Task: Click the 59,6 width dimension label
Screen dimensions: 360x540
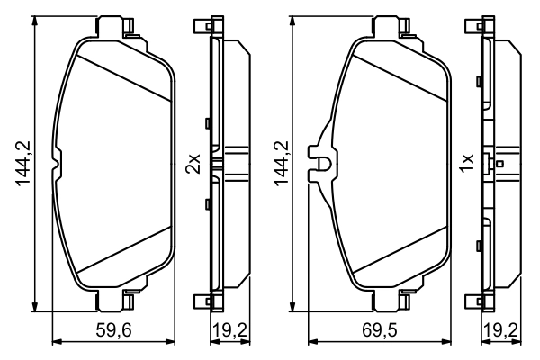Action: [x=114, y=330]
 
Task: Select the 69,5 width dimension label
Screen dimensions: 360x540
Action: [x=366, y=330]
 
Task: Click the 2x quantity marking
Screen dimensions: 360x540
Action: [x=192, y=163]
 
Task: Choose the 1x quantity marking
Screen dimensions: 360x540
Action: [x=466, y=163]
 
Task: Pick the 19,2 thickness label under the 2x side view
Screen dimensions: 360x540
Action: [x=229, y=330]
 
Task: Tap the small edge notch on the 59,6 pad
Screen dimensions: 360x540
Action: [x=58, y=163]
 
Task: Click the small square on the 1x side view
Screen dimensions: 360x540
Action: [x=499, y=164]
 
